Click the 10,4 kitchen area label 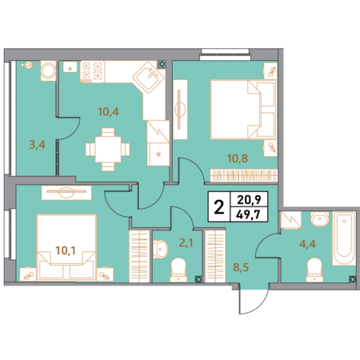click(108, 112)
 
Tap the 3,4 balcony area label click(38, 145)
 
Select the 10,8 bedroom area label click(238, 158)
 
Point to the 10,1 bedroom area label click(66, 250)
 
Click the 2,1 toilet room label click(186, 243)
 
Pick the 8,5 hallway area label click(241, 267)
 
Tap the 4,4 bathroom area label click(307, 244)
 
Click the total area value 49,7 click(250, 214)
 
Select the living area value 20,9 click(249, 199)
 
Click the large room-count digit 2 click(219, 207)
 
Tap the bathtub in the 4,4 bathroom click(344, 238)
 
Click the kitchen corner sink click(149, 78)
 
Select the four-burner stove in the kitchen click(92, 72)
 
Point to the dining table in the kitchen click(108, 150)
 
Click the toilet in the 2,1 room click(178, 270)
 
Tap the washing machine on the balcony click(48, 70)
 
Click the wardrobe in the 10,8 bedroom click(244, 176)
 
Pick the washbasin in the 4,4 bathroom click(320, 219)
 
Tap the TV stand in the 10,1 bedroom click(66, 193)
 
